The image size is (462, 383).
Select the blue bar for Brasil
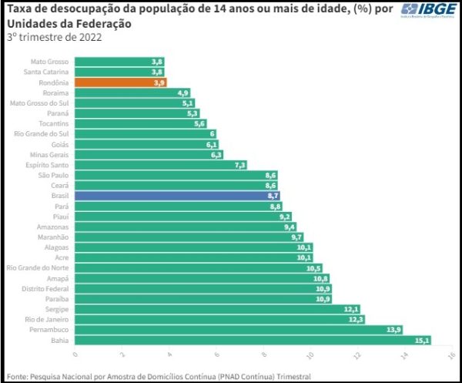point(177,197)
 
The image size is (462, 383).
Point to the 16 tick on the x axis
point(452,355)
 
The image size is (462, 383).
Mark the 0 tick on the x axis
point(75,355)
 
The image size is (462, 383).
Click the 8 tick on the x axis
point(264,355)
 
